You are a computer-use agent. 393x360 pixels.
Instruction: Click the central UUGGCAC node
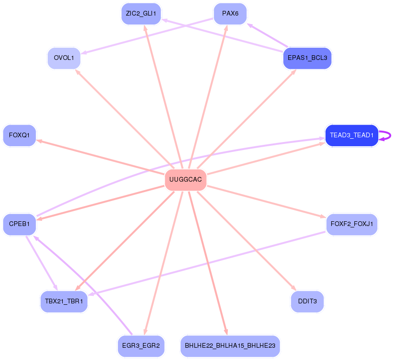pos(185,180)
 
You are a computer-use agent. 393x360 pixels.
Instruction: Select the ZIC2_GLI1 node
pos(141,13)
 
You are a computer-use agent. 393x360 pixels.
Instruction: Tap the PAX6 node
pos(230,13)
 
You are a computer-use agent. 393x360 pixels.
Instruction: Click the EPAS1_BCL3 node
pos(307,58)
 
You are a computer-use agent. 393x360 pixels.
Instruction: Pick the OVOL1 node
pos(64,58)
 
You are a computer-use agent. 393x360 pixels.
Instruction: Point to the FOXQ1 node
pos(19,135)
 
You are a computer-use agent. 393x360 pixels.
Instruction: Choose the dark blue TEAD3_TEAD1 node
pos(351,135)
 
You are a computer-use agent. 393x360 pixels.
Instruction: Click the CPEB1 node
pos(19,224)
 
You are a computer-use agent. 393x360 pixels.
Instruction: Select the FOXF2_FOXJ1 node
pos(351,223)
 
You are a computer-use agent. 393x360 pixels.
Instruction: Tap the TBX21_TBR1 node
pos(64,301)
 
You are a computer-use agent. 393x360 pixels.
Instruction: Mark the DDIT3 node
pos(307,301)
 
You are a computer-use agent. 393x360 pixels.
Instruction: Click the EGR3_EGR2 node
pos(141,346)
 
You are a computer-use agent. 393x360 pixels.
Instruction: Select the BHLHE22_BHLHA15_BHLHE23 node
pos(230,346)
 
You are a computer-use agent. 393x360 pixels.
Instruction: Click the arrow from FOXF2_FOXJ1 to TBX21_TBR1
pos(208,262)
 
